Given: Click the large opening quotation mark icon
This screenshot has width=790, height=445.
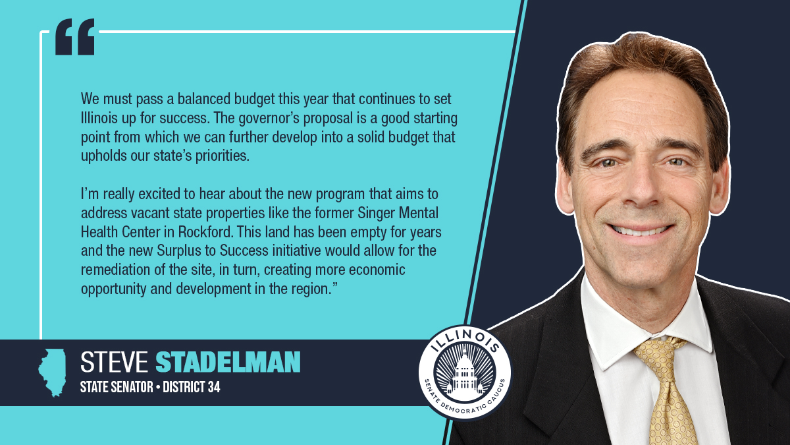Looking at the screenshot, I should (74, 37).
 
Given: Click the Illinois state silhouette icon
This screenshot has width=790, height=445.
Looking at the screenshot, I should (52, 372).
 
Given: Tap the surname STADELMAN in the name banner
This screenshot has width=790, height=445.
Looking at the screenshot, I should (228, 362).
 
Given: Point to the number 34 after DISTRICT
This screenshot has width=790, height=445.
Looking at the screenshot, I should (211, 387).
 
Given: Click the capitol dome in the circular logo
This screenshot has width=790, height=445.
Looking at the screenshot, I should (465, 374).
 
